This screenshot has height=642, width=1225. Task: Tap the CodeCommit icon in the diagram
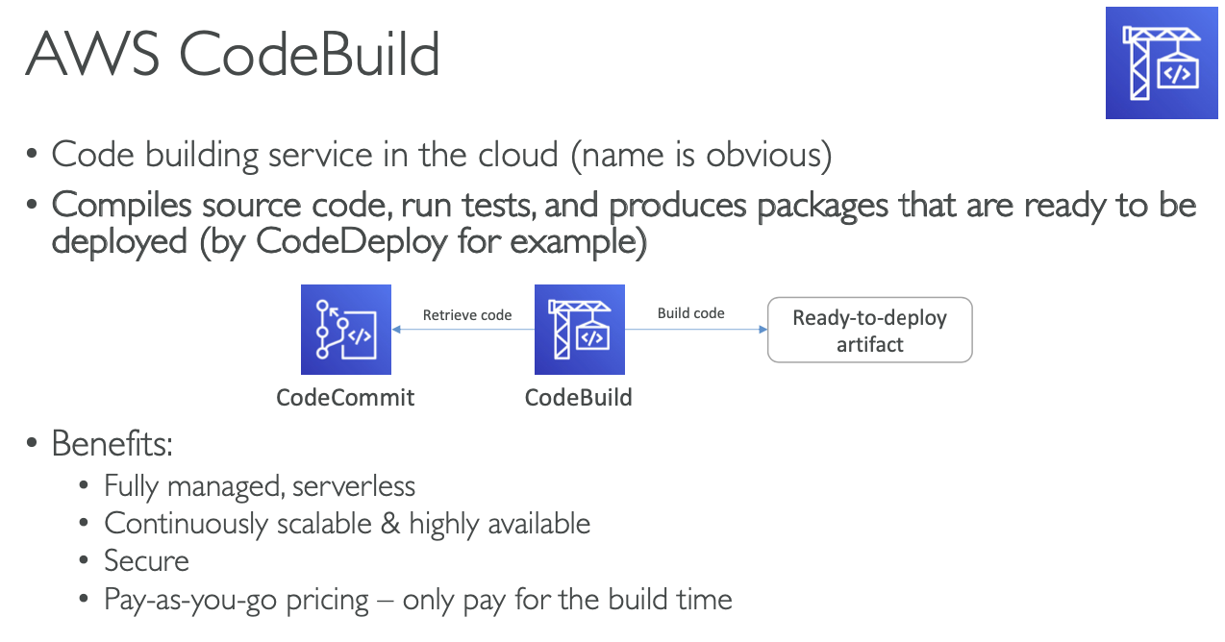(345, 330)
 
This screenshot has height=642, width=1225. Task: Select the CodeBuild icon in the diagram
(579, 330)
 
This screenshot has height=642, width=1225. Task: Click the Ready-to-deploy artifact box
(869, 331)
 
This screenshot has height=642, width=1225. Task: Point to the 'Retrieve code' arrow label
(467, 315)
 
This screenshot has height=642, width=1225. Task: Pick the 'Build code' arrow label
(690, 313)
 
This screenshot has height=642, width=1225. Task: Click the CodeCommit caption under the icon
(345, 398)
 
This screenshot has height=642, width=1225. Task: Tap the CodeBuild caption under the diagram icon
(579, 398)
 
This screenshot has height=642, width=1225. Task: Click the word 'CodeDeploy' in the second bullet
(352, 241)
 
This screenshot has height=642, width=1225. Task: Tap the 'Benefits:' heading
(112, 444)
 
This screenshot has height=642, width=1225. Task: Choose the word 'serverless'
(355, 487)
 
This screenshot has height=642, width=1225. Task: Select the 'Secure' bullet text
(146, 561)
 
